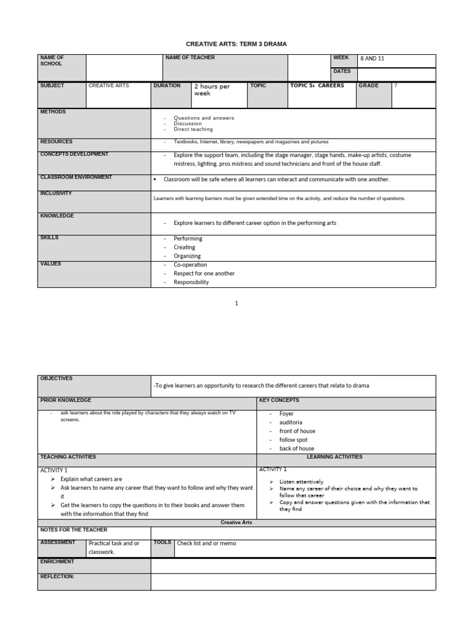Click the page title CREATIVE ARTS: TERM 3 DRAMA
(236, 44)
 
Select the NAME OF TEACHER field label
(190, 58)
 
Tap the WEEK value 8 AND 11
(373, 59)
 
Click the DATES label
(342, 71)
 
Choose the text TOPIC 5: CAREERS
(317, 86)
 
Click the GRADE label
(369, 86)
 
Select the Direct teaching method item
(193, 129)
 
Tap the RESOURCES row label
(57, 142)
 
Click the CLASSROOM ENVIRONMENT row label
(76, 177)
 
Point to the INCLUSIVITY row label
(56, 193)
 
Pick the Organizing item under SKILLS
(187, 256)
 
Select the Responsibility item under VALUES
(191, 282)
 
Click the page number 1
(236, 303)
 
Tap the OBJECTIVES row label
(57, 378)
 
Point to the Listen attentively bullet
(301, 482)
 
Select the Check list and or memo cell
(206, 543)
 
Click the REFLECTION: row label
(57, 577)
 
